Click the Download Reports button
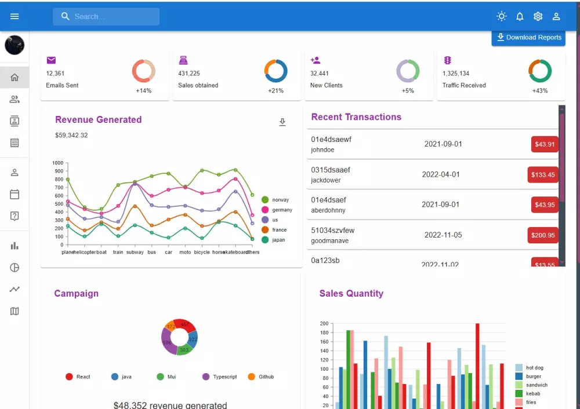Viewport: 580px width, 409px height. pos(528,38)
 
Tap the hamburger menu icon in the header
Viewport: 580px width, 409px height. pos(14,16)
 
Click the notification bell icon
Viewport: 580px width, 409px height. pos(520,16)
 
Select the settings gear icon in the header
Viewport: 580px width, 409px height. pos(538,16)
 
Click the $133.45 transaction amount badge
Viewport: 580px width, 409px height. pos(543,174)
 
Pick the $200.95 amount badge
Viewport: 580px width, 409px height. pos(543,235)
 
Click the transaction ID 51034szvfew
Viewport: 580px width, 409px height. pos(332,230)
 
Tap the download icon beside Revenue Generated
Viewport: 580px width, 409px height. pos(282,122)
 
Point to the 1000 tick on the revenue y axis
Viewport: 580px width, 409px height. pos(57,163)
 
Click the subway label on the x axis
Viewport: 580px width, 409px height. pos(135,252)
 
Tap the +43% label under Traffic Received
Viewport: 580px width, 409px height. pos(540,91)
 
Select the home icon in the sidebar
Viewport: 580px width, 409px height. pos(14,78)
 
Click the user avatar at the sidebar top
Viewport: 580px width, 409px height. pos(14,45)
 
